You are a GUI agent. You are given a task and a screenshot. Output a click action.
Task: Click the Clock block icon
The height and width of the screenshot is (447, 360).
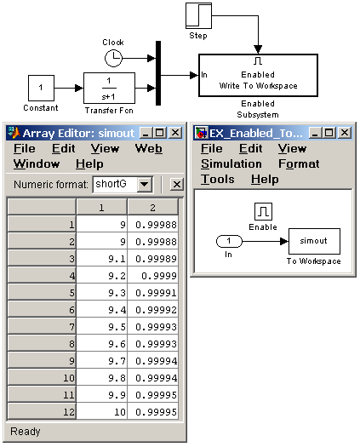[x=113, y=59]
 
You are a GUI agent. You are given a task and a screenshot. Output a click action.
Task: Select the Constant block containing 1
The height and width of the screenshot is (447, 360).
[x=41, y=88]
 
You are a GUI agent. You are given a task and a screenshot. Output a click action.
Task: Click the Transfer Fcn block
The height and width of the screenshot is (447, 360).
[x=109, y=88]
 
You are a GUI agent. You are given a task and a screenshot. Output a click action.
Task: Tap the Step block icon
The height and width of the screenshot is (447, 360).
[x=198, y=15]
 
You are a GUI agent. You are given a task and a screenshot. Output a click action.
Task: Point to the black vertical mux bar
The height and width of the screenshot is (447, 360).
[x=158, y=73]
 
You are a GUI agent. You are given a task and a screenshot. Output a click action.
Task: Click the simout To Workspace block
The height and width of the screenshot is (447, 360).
[x=314, y=241]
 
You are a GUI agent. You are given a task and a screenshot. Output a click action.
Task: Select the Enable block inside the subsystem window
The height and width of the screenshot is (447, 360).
[x=263, y=211]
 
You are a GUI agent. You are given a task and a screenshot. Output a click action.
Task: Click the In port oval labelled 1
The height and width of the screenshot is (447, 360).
[x=229, y=241]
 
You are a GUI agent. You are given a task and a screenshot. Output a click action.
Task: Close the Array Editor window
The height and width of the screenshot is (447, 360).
[x=175, y=133]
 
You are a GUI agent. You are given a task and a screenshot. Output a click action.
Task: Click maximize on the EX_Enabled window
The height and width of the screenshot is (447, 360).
[x=329, y=133]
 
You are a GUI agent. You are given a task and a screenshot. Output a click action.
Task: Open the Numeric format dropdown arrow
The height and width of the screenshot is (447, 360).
[x=145, y=184]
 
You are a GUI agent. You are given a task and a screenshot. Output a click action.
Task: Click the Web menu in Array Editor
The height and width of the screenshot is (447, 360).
[x=148, y=148]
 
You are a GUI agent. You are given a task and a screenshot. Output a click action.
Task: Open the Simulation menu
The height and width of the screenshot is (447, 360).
[x=231, y=164]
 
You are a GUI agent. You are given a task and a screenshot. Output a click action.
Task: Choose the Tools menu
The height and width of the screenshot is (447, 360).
[x=218, y=180]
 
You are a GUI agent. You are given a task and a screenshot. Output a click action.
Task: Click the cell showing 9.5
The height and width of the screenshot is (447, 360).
[x=102, y=327]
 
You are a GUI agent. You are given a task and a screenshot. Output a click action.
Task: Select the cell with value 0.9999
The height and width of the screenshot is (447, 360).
[x=153, y=276]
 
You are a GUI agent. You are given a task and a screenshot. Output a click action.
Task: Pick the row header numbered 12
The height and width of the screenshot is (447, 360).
[x=42, y=411]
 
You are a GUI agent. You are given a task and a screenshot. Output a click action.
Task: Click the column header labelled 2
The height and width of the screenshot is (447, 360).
[x=153, y=207]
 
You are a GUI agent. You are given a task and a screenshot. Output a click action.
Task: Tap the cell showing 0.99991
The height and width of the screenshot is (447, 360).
[x=153, y=293]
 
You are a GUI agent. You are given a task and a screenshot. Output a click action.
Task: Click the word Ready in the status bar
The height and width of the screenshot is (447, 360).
[x=26, y=432]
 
